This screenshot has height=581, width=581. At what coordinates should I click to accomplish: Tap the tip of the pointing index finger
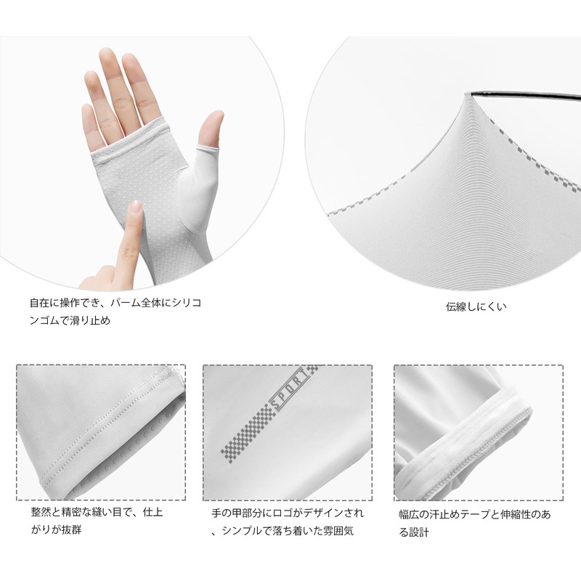(x=136, y=209)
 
